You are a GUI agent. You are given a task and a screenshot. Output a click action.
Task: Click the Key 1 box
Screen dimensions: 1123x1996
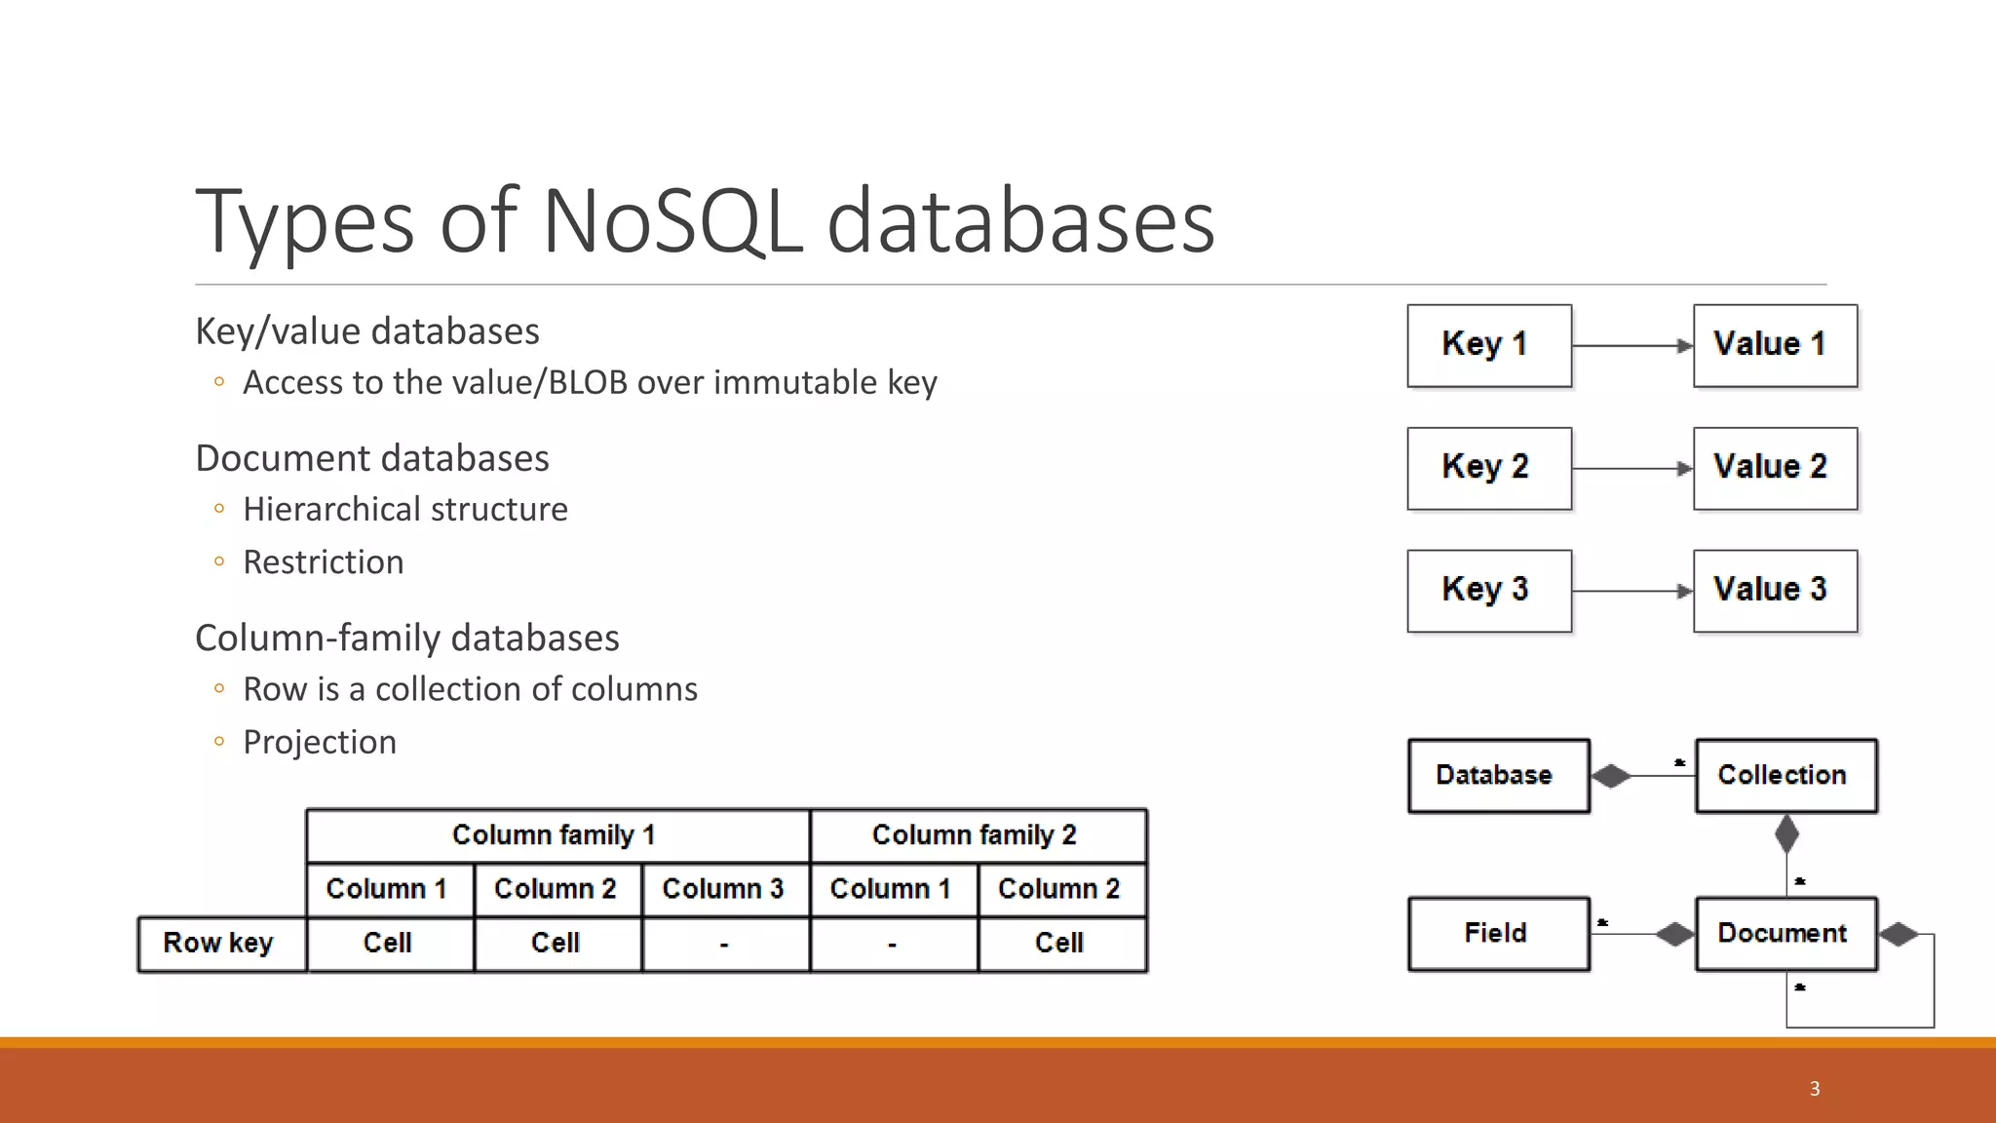pyautogui.click(x=1488, y=345)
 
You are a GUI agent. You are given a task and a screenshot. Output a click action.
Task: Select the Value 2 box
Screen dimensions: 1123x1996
pyautogui.click(x=1775, y=468)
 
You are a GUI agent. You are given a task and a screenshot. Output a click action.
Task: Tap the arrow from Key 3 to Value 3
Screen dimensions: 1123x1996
pyautogui.click(x=1632, y=591)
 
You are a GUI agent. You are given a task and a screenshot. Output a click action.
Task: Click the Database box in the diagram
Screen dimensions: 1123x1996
pyautogui.click(x=1498, y=776)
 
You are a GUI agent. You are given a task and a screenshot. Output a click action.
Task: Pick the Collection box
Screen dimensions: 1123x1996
pyautogui.click(x=1785, y=776)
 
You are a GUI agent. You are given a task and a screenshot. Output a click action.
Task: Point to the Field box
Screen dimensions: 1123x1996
pyautogui.click(x=1498, y=934)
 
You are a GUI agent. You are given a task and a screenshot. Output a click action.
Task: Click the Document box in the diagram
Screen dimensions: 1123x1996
pyautogui.click(x=1785, y=934)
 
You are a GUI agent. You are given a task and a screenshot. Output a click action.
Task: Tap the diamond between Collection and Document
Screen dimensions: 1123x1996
pyautogui.click(x=1786, y=834)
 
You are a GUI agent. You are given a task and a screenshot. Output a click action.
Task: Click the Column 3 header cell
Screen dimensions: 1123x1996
pyautogui.click(x=724, y=889)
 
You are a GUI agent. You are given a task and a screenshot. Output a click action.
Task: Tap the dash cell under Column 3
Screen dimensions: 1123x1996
pyautogui.click(x=724, y=944)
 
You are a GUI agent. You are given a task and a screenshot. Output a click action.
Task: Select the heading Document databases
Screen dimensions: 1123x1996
pyautogui.click(x=372, y=458)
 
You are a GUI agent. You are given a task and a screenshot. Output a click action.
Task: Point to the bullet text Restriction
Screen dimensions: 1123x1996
pyautogui.click(x=323, y=562)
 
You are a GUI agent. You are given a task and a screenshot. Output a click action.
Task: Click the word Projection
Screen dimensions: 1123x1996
pyautogui.click(x=320, y=743)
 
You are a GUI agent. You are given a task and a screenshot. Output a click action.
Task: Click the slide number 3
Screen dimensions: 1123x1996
pyautogui.click(x=1814, y=1089)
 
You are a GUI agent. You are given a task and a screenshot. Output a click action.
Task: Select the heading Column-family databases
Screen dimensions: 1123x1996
pyautogui.click(x=406, y=639)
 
